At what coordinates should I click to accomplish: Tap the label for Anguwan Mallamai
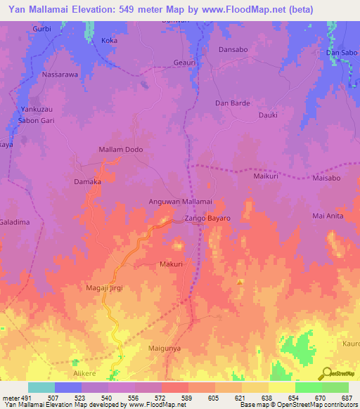click(x=181, y=202)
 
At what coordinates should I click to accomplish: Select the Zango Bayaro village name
click(x=207, y=219)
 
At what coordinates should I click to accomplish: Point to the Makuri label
click(x=172, y=264)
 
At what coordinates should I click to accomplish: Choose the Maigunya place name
click(x=165, y=348)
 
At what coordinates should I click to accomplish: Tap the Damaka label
click(x=88, y=181)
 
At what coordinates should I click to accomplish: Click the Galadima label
click(x=15, y=222)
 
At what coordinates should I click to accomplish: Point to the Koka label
click(x=109, y=41)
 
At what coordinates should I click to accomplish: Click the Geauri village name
click(x=184, y=63)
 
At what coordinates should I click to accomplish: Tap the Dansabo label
click(x=233, y=50)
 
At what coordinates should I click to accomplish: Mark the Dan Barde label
click(x=232, y=103)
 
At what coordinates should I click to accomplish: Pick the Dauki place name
click(x=268, y=115)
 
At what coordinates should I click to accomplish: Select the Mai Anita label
click(x=328, y=216)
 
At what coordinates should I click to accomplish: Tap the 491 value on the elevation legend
click(x=27, y=398)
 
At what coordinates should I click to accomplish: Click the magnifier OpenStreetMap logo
click(x=326, y=374)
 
